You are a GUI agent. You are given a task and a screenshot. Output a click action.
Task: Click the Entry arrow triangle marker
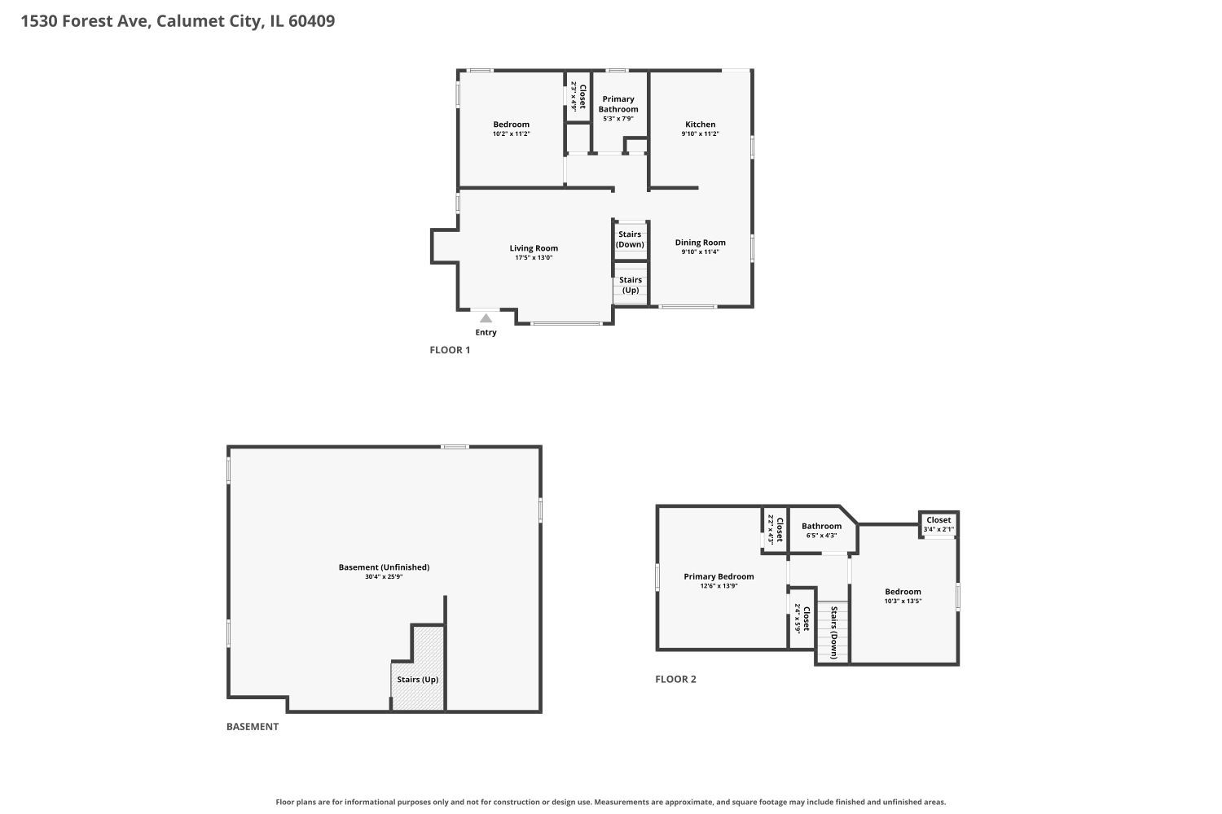pyautogui.click(x=486, y=317)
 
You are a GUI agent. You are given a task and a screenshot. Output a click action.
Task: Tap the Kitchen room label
pyautogui.click(x=700, y=125)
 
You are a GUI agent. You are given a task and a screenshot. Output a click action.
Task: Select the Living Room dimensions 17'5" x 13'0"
pyautogui.click(x=534, y=257)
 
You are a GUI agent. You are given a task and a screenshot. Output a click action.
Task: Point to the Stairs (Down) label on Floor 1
pyautogui.click(x=630, y=239)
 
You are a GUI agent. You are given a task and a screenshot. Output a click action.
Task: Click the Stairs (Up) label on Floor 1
pyautogui.click(x=631, y=285)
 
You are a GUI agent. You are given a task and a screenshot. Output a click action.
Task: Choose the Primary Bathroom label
pyautogui.click(x=618, y=104)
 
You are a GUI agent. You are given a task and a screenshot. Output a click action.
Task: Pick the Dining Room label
pyautogui.click(x=700, y=242)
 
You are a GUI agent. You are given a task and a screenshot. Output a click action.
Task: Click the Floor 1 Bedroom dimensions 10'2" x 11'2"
pyautogui.click(x=511, y=133)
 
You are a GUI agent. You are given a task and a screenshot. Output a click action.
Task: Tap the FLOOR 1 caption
pyautogui.click(x=450, y=350)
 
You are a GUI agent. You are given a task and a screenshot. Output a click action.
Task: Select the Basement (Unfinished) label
pyautogui.click(x=384, y=567)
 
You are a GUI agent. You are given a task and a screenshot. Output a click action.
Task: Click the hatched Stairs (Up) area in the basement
pyautogui.click(x=419, y=668)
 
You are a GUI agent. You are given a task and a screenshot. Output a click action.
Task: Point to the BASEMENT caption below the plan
pyautogui.click(x=252, y=727)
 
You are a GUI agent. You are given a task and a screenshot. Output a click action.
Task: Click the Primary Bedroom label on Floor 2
pyautogui.click(x=719, y=576)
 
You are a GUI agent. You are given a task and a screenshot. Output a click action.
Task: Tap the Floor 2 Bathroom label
pyautogui.click(x=821, y=526)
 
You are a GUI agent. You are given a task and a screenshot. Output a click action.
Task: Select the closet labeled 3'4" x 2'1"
pyautogui.click(x=938, y=524)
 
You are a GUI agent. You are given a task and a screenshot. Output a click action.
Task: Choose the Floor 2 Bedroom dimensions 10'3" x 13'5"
pyautogui.click(x=903, y=601)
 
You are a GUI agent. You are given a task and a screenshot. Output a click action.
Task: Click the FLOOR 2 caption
pyautogui.click(x=675, y=680)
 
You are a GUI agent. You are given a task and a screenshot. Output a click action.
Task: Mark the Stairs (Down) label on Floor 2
pyautogui.click(x=833, y=632)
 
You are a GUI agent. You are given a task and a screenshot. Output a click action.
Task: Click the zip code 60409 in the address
pyautogui.click(x=311, y=20)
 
